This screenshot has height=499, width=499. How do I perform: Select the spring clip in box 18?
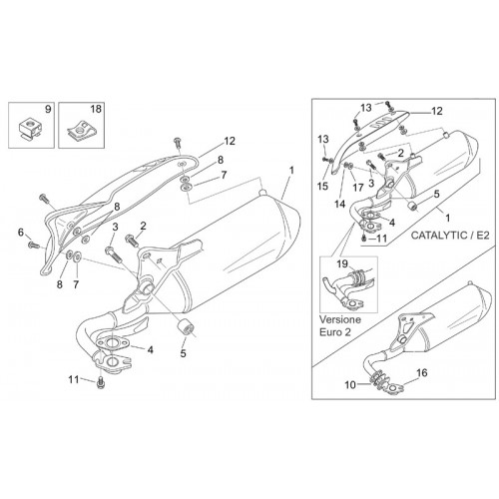[x=80, y=132]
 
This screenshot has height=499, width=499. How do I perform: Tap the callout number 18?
[x=96, y=109]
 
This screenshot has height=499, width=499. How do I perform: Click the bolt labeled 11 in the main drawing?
[x=100, y=383]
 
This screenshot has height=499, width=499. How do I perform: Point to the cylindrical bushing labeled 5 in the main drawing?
[x=186, y=326]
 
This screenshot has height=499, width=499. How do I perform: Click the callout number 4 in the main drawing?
[x=151, y=349]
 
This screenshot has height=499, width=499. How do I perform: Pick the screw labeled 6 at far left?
[x=34, y=246]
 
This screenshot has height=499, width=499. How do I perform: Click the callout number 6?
[x=21, y=232]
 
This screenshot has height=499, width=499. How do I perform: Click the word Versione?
[x=340, y=319]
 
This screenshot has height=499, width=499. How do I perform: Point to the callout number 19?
[x=342, y=263]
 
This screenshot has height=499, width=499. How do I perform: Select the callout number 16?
[x=421, y=372]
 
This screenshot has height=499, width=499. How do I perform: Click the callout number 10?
[x=350, y=385]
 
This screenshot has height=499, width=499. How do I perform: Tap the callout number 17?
[x=358, y=188]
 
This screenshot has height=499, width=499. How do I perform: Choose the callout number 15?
[x=322, y=186]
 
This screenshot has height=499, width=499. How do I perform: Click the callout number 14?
[x=339, y=204]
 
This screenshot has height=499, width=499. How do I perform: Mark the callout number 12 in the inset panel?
[x=437, y=111]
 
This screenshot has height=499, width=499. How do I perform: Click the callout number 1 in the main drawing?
[x=291, y=171]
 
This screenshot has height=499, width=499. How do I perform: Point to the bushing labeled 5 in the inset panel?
[x=413, y=206]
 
